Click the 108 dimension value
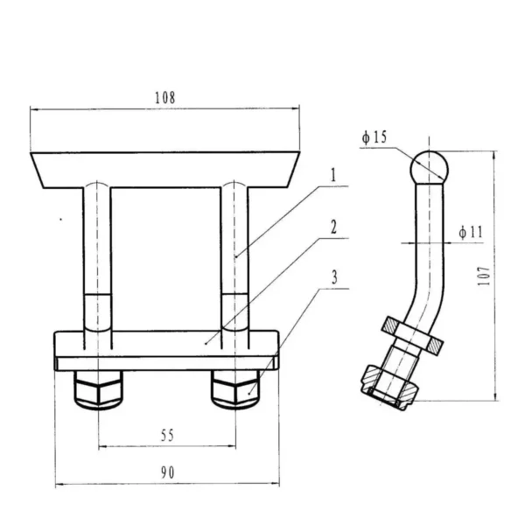click(x=164, y=97)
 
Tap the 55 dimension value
click(x=167, y=436)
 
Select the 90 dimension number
click(x=167, y=472)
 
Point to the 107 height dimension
click(x=484, y=276)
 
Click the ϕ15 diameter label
click(x=374, y=137)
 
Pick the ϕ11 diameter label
click(x=471, y=232)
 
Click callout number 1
click(x=332, y=175)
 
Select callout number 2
click(x=333, y=227)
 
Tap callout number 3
click(x=334, y=277)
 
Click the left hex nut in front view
click(x=98, y=389)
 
